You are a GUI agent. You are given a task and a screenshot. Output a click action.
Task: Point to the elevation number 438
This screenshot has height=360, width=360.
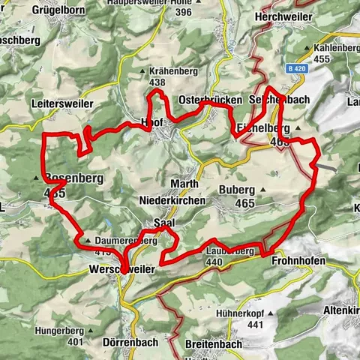coord(157,82)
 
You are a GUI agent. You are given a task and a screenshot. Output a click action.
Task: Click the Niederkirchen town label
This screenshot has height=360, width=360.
coord(172,200)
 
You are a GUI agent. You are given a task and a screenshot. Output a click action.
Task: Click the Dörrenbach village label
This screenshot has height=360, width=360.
coord(126,341)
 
